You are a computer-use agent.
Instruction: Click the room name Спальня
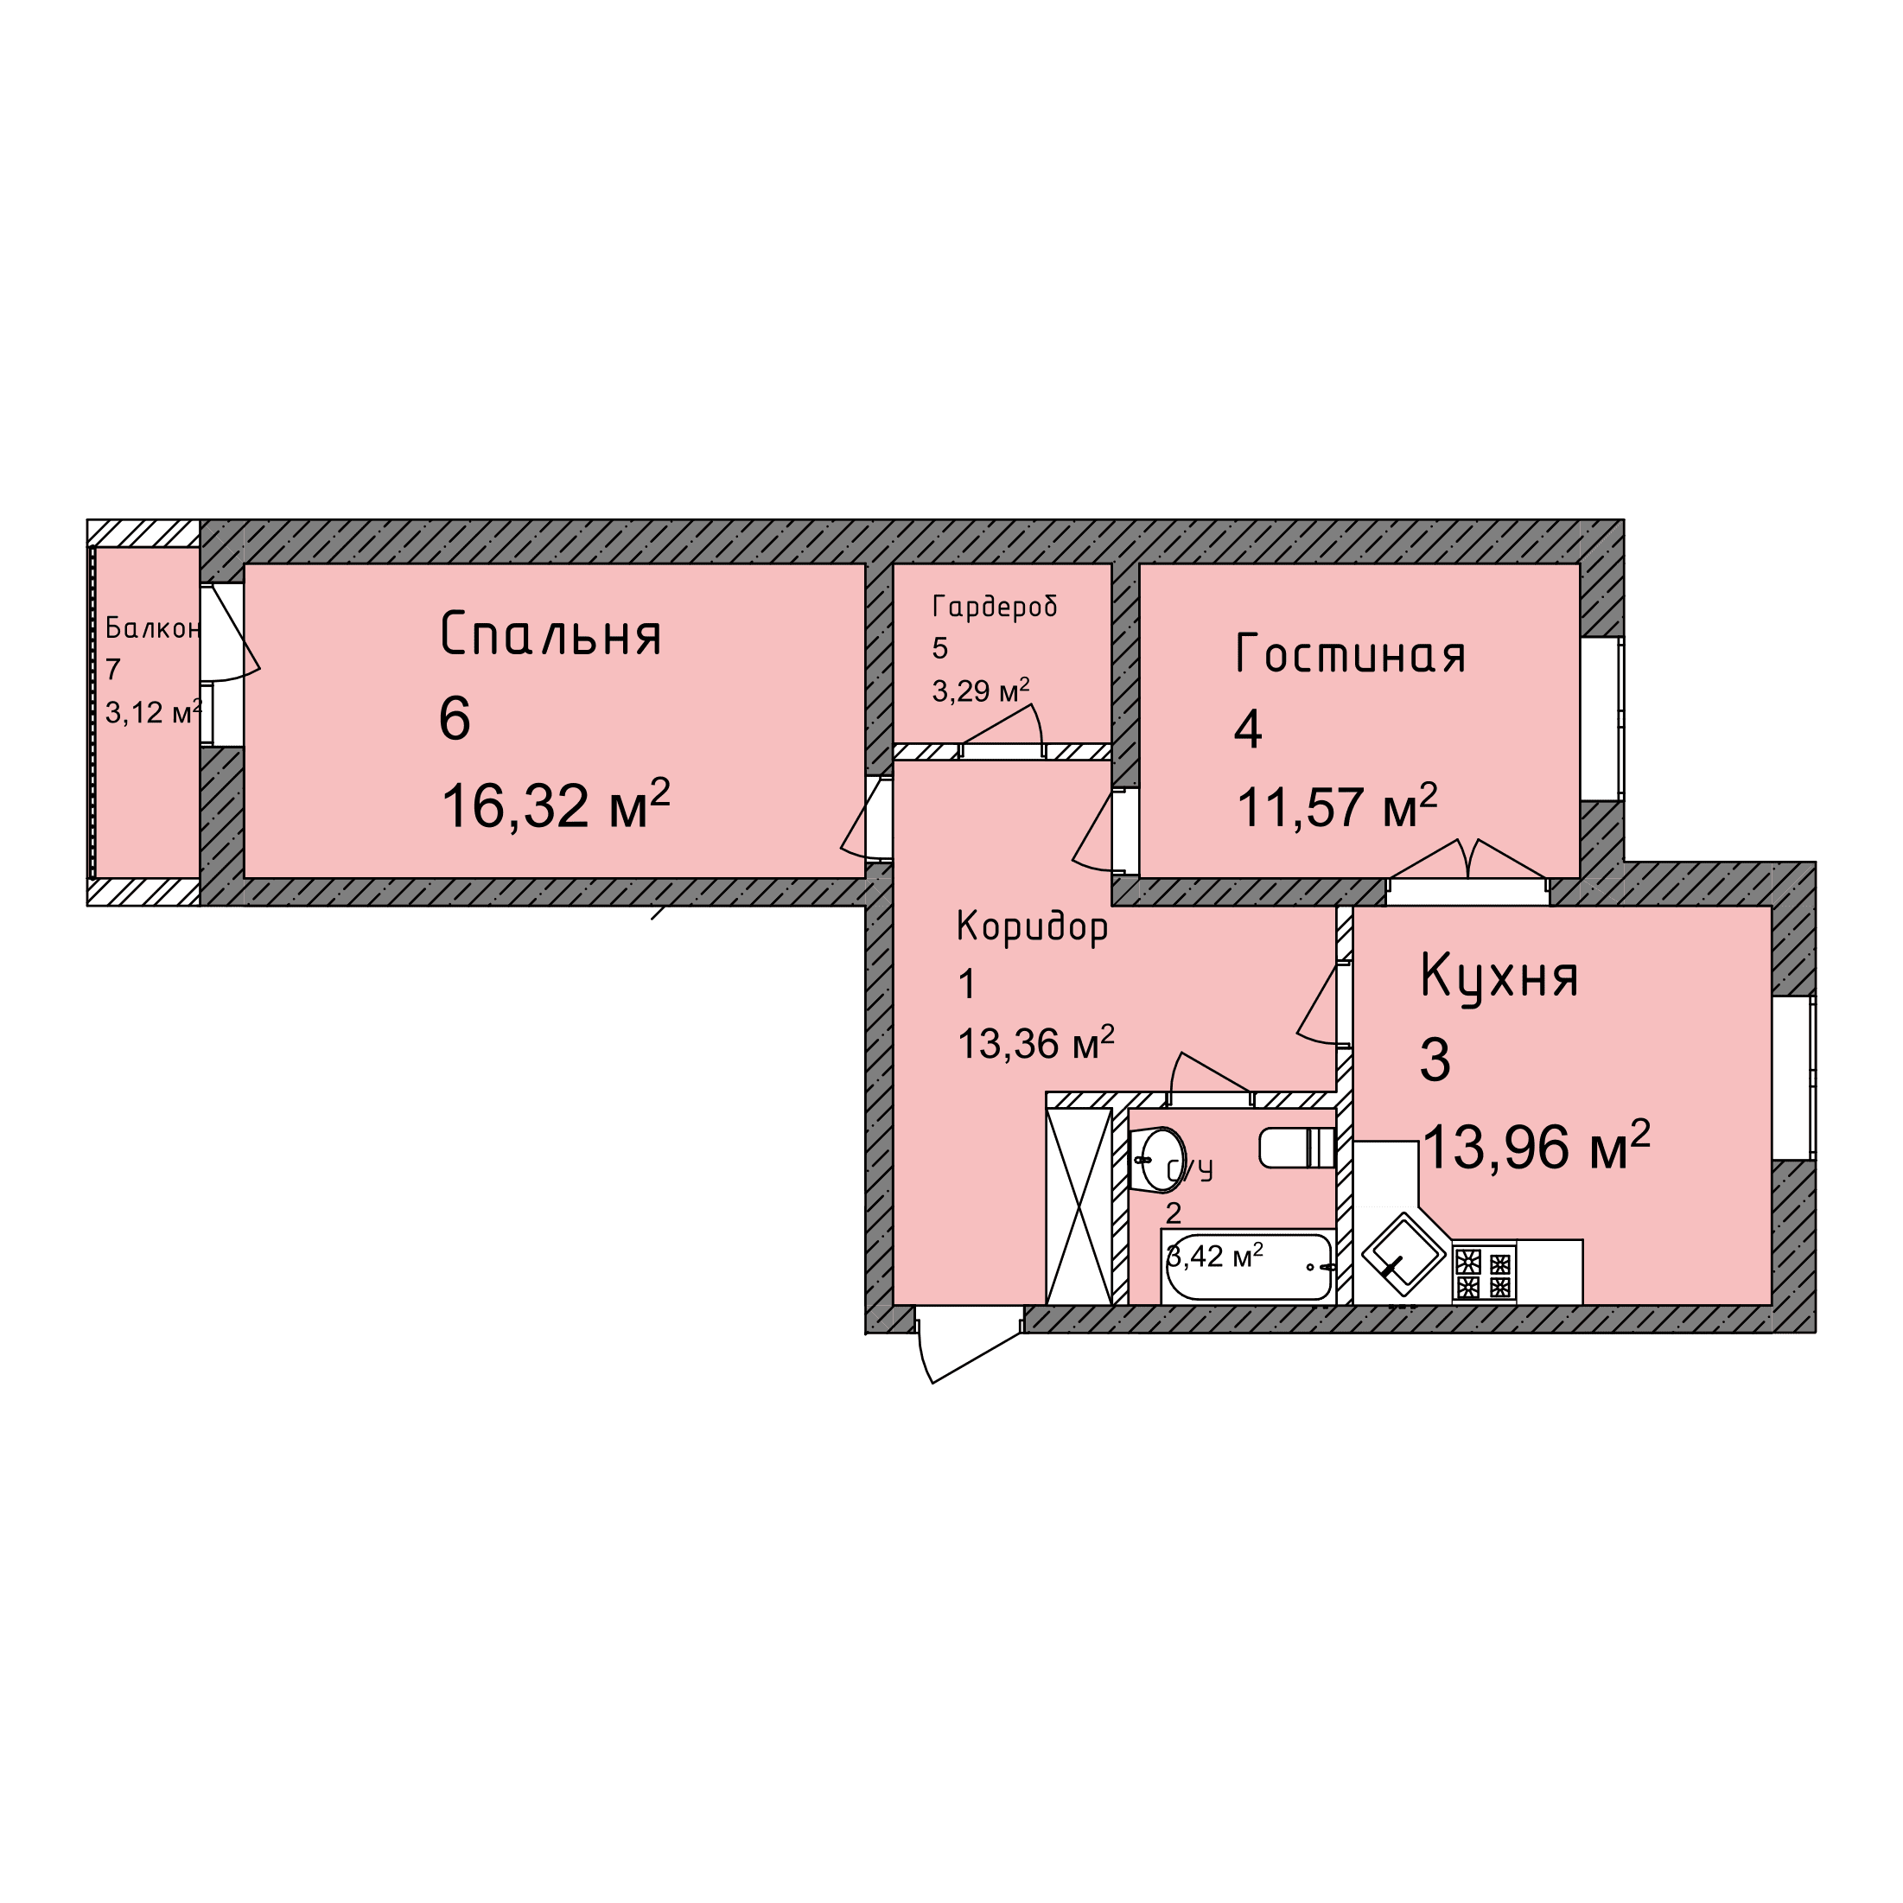pyautogui.click(x=551, y=633)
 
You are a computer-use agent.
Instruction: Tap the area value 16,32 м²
pyautogui.click(x=556, y=804)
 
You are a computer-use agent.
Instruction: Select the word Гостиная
pyautogui.click(x=1351, y=653)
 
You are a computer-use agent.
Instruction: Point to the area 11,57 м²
pyautogui.click(x=1337, y=805)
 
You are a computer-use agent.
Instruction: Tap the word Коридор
pyautogui.click(x=1032, y=928)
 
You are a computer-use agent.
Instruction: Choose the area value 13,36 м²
pyautogui.click(x=1036, y=1042)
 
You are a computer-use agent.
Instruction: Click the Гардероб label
pyautogui.click(x=995, y=606)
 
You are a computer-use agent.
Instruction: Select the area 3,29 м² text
pyautogui.click(x=981, y=690)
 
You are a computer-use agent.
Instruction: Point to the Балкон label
pyautogui.click(x=153, y=627)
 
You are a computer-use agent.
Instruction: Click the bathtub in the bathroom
pyautogui.click(x=1248, y=1267)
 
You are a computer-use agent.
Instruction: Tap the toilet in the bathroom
pyautogui.click(x=1296, y=1148)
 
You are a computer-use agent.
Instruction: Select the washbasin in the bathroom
pyautogui.click(x=1156, y=1159)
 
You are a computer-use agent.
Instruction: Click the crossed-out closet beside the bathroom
pyautogui.click(x=1079, y=1206)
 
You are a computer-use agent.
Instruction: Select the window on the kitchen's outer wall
pyautogui.click(x=1793, y=1078)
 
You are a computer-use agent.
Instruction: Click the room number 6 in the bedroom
pyautogui.click(x=455, y=718)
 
